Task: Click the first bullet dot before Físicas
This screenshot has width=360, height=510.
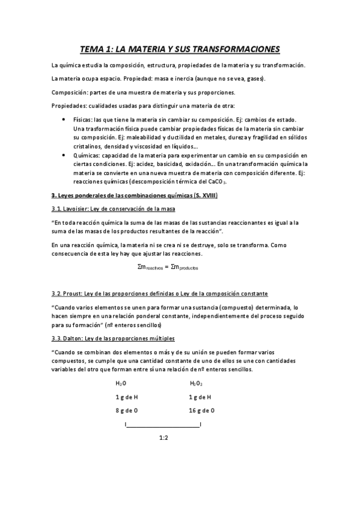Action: [x=64, y=120]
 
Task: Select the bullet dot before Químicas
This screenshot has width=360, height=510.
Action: [x=64, y=155]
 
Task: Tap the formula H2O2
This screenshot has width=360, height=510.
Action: [x=196, y=382]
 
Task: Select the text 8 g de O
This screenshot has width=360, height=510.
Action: [x=127, y=410]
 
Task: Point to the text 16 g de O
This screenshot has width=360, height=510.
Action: [x=202, y=410]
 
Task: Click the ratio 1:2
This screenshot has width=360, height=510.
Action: [x=163, y=438]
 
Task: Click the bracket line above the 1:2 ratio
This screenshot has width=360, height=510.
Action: [x=163, y=425]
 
